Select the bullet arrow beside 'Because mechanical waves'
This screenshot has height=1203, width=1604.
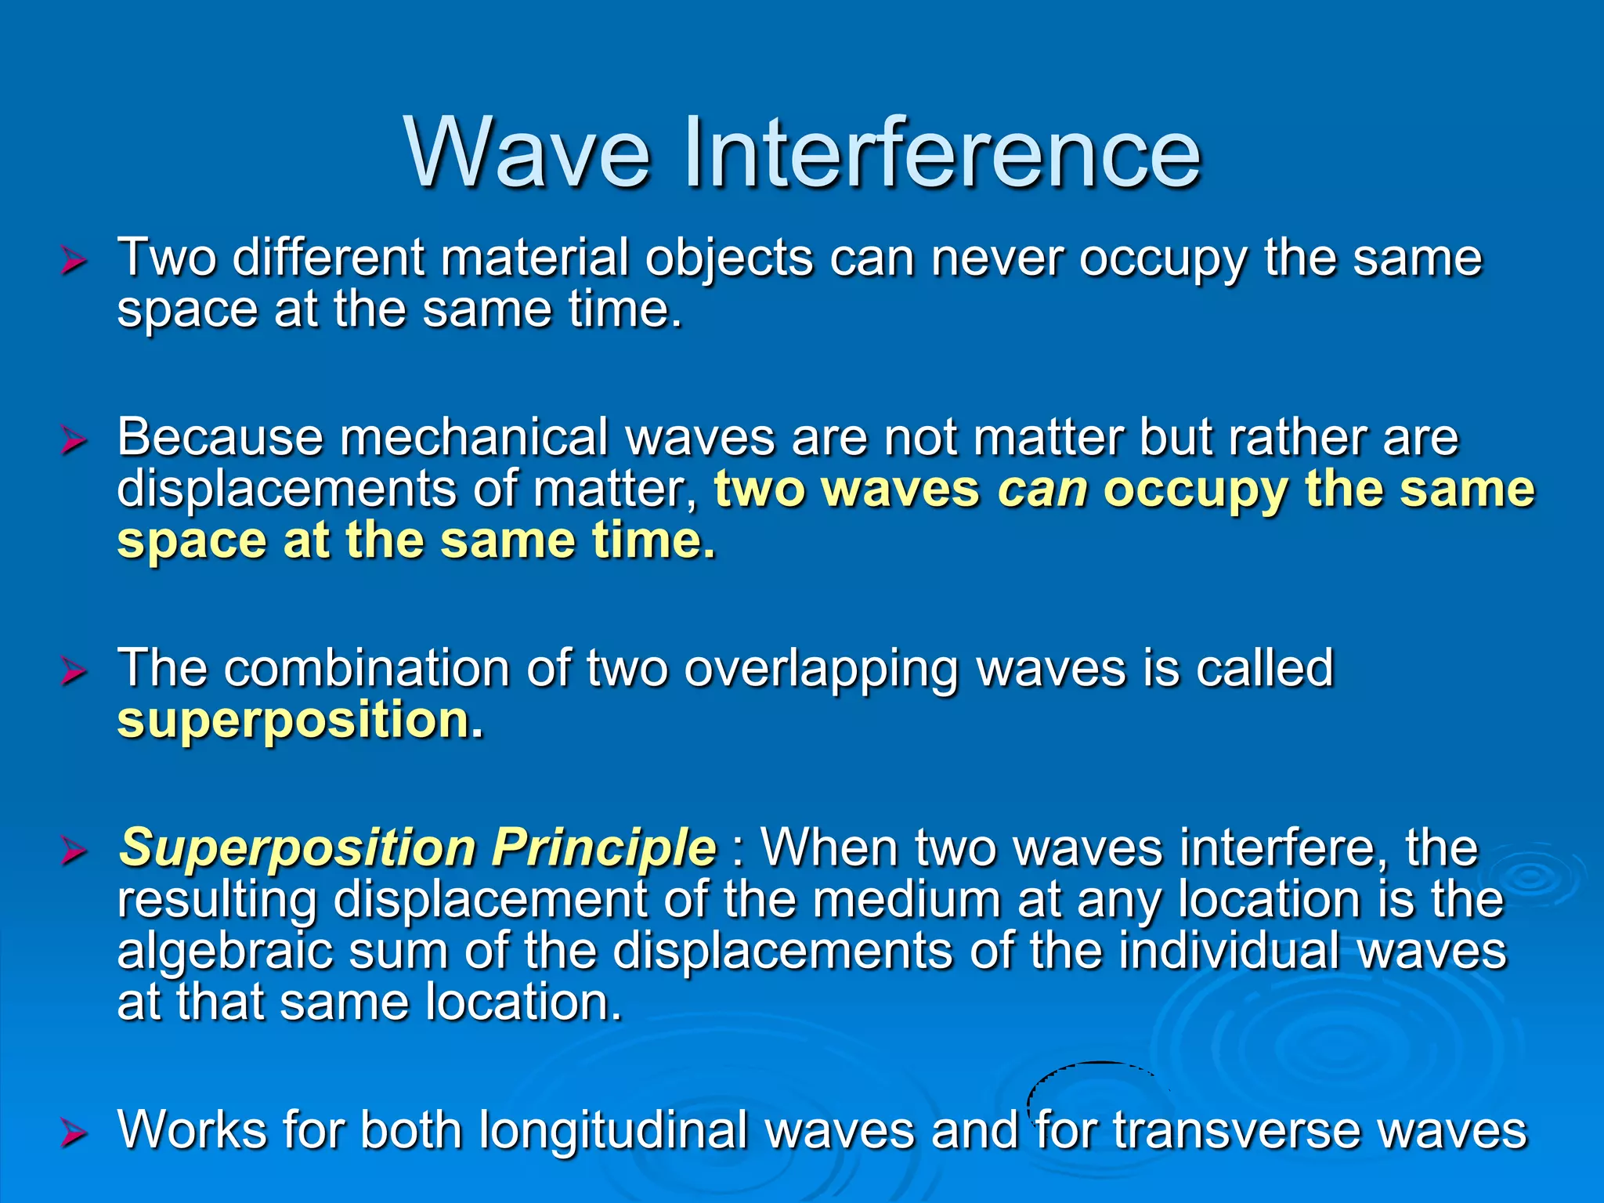pos(74,440)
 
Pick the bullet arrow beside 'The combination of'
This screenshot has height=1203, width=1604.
pos(74,671)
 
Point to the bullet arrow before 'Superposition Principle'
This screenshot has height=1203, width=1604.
pos(74,851)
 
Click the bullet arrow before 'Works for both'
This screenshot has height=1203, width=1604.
pos(74,1133)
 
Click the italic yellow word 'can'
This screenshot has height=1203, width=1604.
pos(1042,490)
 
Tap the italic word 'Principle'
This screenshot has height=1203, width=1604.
pos(604,847)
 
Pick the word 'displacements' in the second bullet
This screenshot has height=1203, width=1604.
pos(287,489)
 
